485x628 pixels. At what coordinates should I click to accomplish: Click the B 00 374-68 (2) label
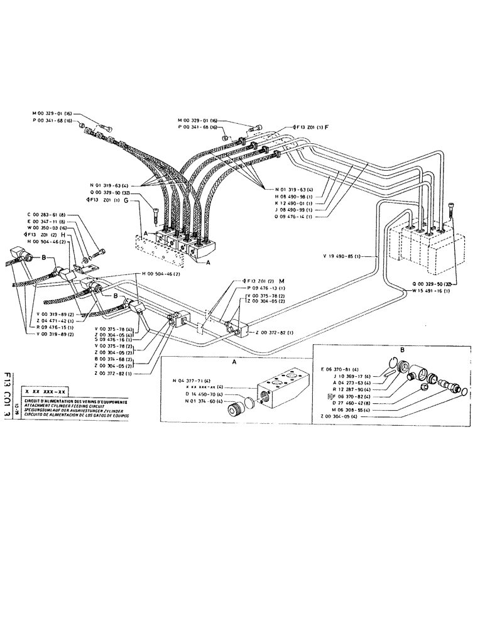[115, 359]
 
